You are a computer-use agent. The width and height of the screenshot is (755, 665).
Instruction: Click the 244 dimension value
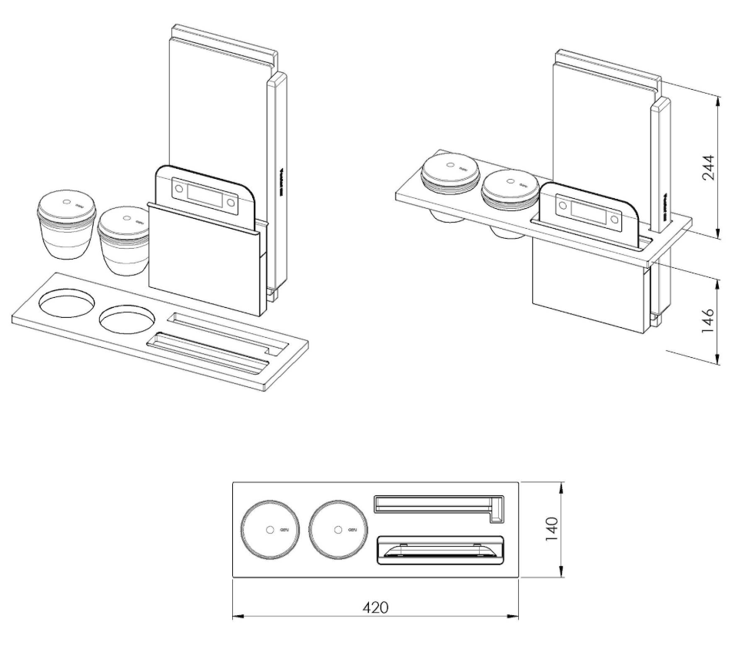point(708,167)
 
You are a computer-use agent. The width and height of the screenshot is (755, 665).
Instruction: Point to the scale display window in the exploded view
point(201,192)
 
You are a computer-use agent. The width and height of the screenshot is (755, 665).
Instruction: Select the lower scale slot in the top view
point(439,550)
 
